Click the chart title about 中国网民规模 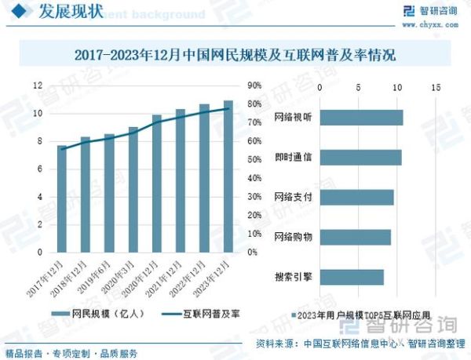[235, 56]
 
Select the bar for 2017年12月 [62, 199]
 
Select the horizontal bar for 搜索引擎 [352, 277]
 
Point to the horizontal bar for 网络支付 [356, 198]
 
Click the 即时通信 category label [293, 158]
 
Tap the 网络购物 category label [293, 237]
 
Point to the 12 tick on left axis [37, 85]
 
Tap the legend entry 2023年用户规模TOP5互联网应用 [366, 315]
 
